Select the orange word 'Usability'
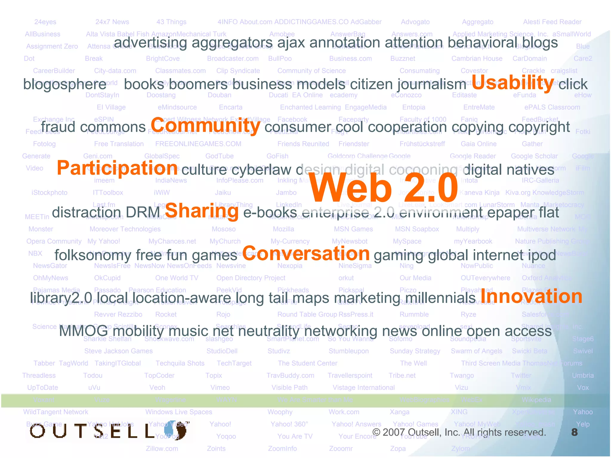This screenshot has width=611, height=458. [513, 83]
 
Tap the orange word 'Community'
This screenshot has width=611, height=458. [206, 126]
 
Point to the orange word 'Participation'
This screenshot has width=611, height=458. [117, 168]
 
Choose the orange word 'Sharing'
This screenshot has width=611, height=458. [202, 211]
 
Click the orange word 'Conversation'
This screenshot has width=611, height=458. [306, 253]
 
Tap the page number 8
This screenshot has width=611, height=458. [574, 432]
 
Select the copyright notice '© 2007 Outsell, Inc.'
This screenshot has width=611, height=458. [459, 432]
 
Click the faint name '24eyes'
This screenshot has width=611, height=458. [45, 22]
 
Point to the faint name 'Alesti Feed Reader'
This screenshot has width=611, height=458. [552, 22]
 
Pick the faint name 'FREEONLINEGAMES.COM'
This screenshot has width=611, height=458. [198, 144]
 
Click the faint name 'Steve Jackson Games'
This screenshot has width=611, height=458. [118, 351]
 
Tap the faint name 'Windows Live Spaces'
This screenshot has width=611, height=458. [179, 412]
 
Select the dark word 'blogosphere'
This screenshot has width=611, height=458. [65, 84]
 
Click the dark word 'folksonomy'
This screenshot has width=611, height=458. [93, 255]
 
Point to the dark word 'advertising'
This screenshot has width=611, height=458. [150, 42]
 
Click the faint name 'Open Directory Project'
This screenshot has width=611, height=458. [251, 278]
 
